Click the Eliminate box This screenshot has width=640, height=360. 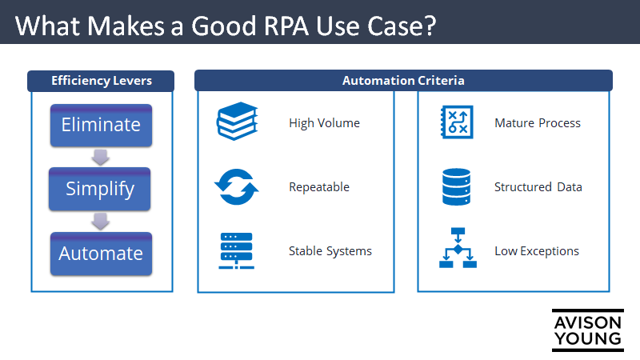[100, 125]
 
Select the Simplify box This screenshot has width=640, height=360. [100, 189]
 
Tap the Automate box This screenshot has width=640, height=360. [100, 254]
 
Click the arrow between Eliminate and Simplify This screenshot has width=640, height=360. [100, 157]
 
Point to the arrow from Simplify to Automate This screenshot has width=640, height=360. [100, 222]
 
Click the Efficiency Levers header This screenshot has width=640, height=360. [101, 81]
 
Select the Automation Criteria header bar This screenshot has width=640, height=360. [403, 81]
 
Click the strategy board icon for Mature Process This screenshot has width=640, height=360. [457, 123]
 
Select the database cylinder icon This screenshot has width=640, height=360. [458, 187]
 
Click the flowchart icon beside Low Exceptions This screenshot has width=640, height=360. [458, 249]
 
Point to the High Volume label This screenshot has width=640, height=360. [324, 123]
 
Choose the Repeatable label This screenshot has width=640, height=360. [318, 187]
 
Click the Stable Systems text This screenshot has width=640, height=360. [330, 251]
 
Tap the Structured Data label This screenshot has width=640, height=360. [538, 187]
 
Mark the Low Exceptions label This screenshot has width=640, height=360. [536, 251]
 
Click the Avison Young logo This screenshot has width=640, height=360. [587, 330]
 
